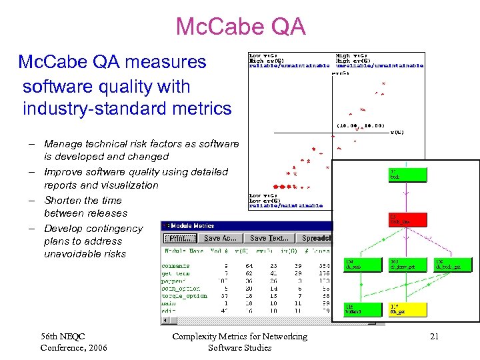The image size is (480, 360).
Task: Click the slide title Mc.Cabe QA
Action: point(241,27)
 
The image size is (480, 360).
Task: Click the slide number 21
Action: point(434,337)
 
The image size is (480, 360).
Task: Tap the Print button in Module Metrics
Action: point(181,238)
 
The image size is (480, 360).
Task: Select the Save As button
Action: point(221,238)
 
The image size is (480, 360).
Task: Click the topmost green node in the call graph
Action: point(406,175)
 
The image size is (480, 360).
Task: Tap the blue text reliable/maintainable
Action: point(285,206)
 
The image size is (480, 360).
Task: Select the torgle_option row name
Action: point(184,295)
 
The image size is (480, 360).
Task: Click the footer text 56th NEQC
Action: point(63,337)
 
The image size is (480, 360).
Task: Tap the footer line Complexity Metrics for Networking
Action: point(239,337)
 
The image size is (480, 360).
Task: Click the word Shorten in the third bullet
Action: point(64,200)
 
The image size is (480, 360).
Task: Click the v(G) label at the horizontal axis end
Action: point(397,132)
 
